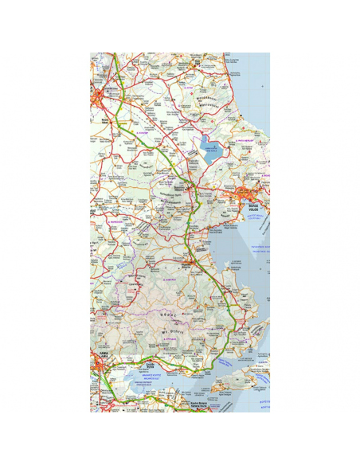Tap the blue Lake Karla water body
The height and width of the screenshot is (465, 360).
click(209, 151)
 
